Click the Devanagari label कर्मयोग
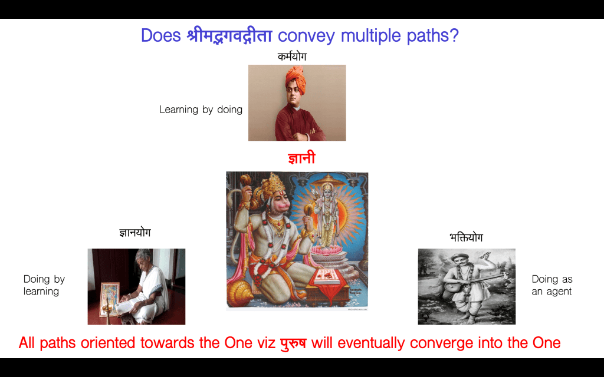[x=292, y=57]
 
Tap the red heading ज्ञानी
[x=301, y=158]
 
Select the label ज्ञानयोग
[x=135, y=233]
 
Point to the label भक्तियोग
[x=466, y=237]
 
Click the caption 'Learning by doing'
[x=201, y=110]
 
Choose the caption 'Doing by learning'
[x=44, y=285]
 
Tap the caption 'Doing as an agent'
[x=552, y=285]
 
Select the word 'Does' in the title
[x=160, y=35]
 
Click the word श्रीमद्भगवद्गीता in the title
[x=229, y=35]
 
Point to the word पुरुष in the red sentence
[x=293, y=342]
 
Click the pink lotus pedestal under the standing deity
[x=327, y=251]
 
